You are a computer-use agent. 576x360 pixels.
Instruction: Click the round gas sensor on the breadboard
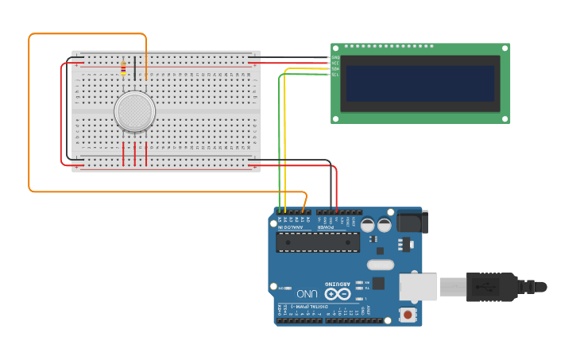click(134, 111)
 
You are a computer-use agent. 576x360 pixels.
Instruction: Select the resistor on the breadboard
click(122, 68)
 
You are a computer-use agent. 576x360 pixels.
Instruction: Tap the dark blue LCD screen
click(420, 83)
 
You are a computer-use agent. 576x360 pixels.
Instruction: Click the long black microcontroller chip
click(318, 242)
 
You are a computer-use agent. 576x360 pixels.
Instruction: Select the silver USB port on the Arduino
click(416, 287)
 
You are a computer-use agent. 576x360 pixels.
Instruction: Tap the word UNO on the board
click(307, 294)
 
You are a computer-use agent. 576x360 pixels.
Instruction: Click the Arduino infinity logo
click(337, 294)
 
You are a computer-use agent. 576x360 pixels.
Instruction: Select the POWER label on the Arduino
click(327, 227)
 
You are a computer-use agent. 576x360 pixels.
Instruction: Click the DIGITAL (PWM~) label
click(303, 306)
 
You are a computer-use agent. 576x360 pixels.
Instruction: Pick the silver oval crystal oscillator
click(381, 265)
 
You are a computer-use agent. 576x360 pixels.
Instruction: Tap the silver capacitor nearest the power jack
click(385, 225)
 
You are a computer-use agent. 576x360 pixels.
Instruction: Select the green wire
click(279, 143)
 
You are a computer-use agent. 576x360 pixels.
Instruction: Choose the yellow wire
click(284, 143)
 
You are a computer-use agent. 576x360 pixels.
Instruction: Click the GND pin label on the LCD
click(335, 57)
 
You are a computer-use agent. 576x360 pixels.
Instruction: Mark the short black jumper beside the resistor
click(135, 68)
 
